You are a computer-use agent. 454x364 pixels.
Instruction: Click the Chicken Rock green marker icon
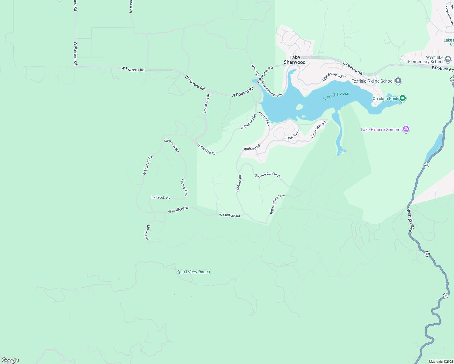[403, 98]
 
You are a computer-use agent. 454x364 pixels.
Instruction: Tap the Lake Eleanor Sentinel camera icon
[406, 130]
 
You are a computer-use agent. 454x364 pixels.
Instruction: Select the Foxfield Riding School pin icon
[398, 81]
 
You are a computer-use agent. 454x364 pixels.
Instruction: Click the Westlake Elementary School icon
[448, 59]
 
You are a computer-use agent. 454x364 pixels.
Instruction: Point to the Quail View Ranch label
[194, 272]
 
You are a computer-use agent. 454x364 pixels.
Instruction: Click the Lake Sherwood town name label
[295, 60]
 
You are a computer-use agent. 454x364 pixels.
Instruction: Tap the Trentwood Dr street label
[207, 104]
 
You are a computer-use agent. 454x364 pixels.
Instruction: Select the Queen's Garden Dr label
[267, 175]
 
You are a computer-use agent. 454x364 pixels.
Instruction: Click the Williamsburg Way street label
[277, 204]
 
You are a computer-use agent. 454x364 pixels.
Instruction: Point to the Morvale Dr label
[147, 233]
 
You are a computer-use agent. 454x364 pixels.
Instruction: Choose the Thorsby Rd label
[293, 135]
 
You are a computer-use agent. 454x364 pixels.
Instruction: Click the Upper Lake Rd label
[318, 130]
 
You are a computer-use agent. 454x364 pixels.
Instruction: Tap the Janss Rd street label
[255, 70]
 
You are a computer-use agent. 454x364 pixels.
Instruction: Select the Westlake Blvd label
[410, 221]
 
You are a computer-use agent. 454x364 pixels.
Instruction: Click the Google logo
[10, 360]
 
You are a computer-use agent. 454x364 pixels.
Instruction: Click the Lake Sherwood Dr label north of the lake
[334, 77]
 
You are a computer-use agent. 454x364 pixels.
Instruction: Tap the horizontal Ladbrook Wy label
[161, 197]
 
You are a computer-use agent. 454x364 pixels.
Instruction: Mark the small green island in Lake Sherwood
[300, 107]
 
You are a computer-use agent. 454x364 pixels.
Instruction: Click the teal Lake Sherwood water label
[336, 96]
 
